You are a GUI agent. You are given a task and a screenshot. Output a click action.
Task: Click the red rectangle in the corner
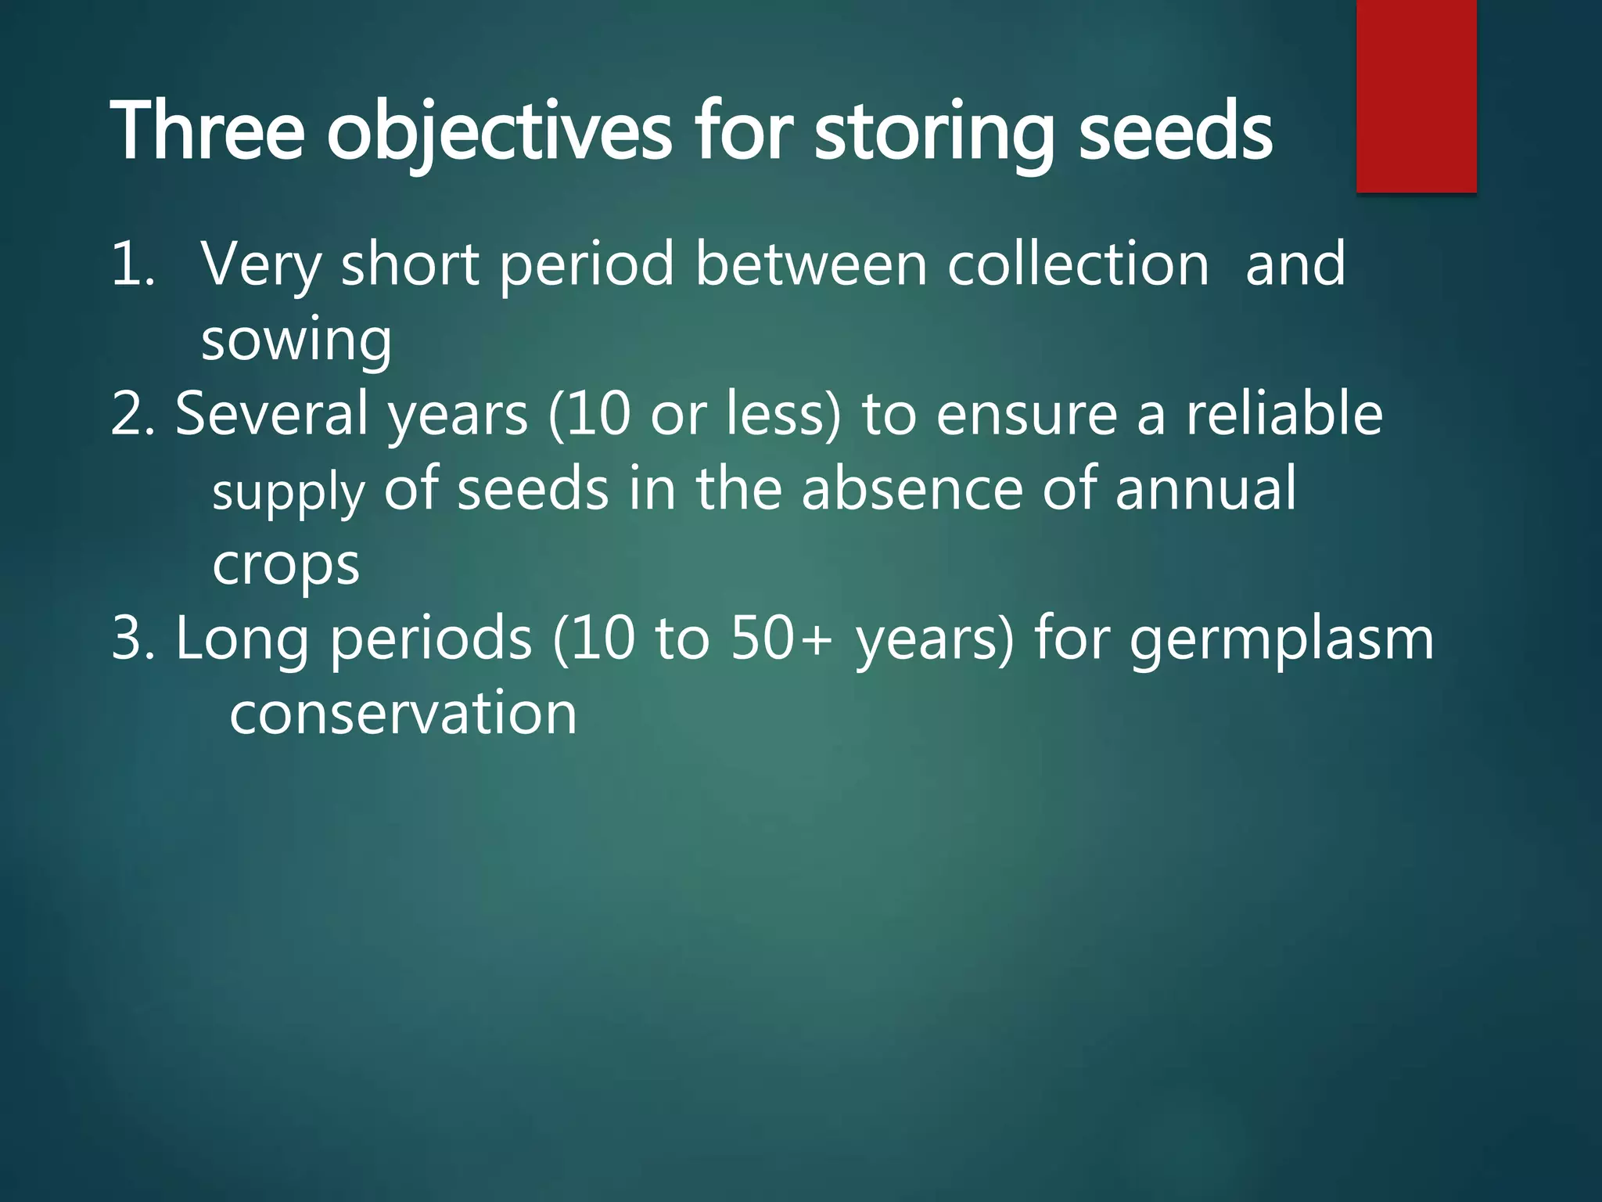click(1416, 95)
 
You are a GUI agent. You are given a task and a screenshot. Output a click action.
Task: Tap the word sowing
click(296, 341)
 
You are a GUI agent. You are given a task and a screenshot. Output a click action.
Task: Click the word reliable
click(1284, 414)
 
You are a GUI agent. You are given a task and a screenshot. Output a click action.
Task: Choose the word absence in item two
click(911, 489)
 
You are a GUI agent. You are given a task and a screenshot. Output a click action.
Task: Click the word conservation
click(403, 714)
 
